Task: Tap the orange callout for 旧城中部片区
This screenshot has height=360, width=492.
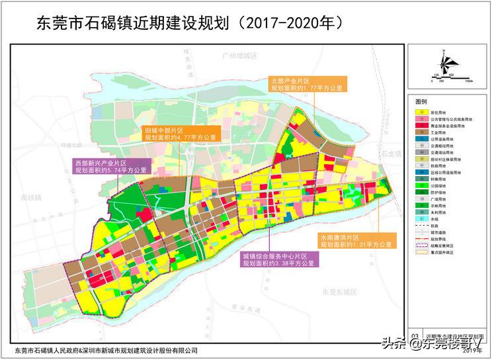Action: [x=179, y=134]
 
